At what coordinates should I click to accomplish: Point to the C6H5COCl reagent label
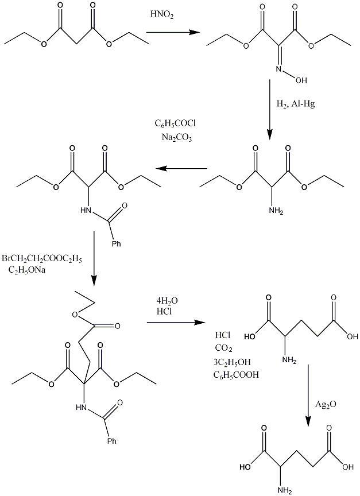pos(176,123)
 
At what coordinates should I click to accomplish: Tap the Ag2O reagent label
pos(326,404)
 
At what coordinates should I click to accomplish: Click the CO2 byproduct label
pos(224,348)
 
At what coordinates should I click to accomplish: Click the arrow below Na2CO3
pos(182,169)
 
